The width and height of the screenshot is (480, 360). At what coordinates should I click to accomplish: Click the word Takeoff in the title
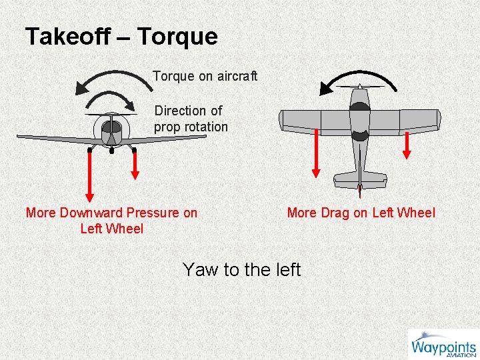[67, 37]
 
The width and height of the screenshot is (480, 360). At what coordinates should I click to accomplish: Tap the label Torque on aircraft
[205, 76]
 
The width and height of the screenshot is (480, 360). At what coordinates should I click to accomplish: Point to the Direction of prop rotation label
[191, 119]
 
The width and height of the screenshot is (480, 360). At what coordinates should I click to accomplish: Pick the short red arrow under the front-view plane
[135, 163]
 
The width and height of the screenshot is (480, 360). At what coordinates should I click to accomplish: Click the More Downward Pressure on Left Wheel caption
[111, 221]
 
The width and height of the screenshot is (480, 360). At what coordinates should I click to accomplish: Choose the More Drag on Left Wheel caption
[361, 213]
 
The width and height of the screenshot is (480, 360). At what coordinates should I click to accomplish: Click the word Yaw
[201, 270]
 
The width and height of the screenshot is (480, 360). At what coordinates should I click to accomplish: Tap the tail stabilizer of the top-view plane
[360, 178]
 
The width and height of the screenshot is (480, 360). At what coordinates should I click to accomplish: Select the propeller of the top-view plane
[359, 87]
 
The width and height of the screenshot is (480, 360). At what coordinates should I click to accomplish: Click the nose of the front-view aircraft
[111, 127]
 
